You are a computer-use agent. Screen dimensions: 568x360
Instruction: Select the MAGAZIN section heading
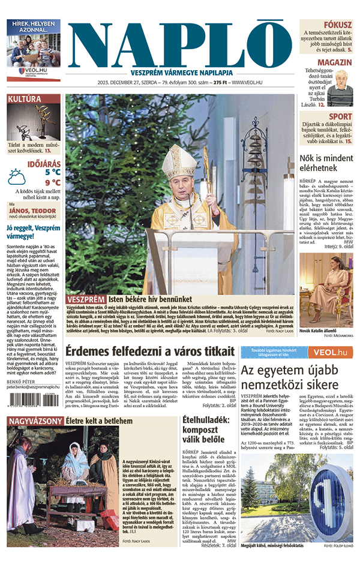[335, 62]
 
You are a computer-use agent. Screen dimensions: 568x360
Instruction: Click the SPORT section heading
[340, 116]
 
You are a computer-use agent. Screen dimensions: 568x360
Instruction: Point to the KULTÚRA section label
[25, 99]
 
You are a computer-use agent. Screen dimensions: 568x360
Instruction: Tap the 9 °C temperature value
[52, 182]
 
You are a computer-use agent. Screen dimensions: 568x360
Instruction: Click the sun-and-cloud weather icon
[17, 176]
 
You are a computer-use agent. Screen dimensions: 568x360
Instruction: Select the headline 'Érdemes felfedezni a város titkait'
[149, 351]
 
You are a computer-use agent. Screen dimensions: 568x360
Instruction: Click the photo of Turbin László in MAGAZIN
[340, 88]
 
